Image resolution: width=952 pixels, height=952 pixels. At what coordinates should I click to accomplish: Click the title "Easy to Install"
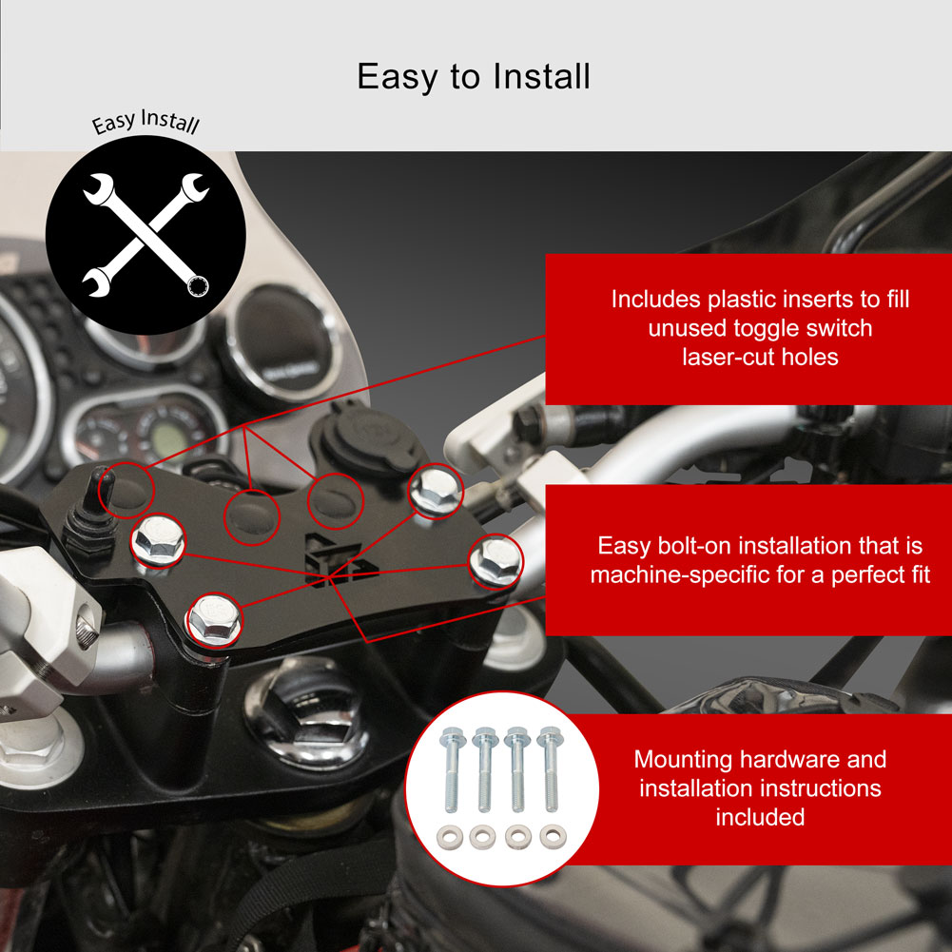point(474,77)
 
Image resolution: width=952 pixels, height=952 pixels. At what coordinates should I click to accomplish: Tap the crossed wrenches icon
point(146,236)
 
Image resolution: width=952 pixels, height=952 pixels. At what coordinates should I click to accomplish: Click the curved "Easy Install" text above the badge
point(146,122)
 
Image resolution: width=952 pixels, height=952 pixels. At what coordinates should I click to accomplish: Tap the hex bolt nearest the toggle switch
point(158,538)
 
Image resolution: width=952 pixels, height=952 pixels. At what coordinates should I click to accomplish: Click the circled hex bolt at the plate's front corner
point(214,619)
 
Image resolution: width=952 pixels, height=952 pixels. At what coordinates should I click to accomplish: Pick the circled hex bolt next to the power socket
point(435,489)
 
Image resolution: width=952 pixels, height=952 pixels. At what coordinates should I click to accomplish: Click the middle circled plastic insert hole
point(251,516)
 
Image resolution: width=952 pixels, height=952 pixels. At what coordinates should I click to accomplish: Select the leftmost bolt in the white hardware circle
point(451,769)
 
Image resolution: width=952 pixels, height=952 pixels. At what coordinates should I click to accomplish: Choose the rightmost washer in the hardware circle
point(554,837)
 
